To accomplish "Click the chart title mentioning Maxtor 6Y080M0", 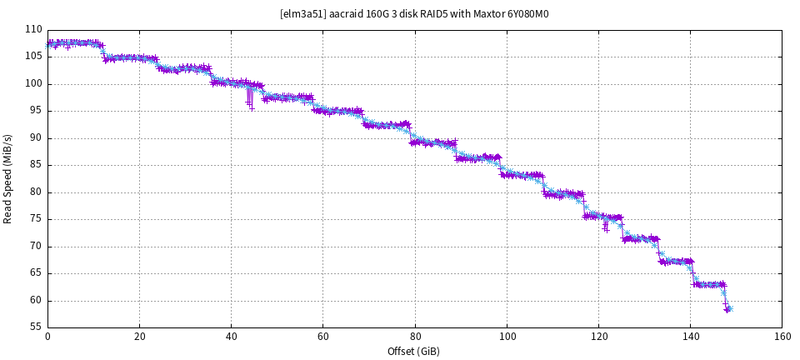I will click(x=414, y=14).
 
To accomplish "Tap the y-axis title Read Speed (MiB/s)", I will click(x=8, y=178).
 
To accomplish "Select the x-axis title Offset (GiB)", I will click(x=413, y=352).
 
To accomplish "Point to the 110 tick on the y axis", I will click(x=33, y=30).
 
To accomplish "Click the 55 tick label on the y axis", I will click(x=36, y=327).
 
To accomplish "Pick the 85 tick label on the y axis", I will click(x=36, y=165).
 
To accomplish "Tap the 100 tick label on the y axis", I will click(x=33, y=84).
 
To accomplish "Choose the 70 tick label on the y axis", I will click(x=36, y=247).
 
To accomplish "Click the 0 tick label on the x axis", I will click(x=47, y=337).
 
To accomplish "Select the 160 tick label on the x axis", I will click(x=782, y=337).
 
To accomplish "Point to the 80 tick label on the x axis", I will click(x=414, y=337).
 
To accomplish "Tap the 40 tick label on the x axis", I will click(x=231, y=337).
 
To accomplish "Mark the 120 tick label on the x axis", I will click(x=598, y=337).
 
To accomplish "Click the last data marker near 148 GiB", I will click(x=729, y=308).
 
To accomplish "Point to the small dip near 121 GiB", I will click(x=606, y=227).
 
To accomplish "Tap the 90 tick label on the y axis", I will click(x=36, y=138).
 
